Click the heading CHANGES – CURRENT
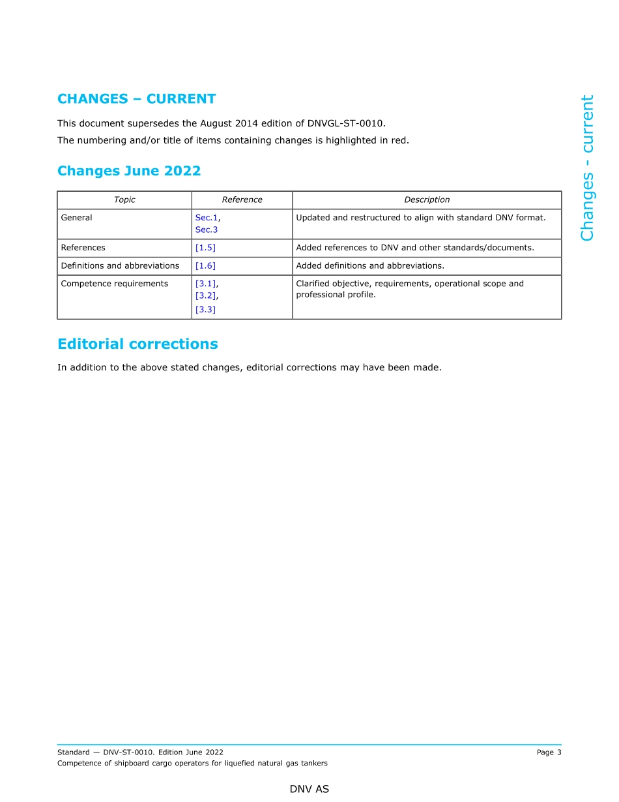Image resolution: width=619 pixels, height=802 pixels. coord(136,99)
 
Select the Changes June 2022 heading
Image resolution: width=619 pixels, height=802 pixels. coord(129,171)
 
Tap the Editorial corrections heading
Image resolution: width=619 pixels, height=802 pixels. coord(137,344)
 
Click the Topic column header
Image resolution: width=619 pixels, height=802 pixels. coord(124,200)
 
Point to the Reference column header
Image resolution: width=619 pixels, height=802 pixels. coord(242,200)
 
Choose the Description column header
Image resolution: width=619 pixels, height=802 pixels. coord(427,200)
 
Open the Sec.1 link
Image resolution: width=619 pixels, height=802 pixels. coord(206,218)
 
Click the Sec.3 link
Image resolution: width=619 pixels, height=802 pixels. coord(206,230)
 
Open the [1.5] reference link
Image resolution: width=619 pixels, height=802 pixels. coord(205,248)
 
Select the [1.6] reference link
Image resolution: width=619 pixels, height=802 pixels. coord(205,266)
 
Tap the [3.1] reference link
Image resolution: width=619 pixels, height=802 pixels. coord(205,284)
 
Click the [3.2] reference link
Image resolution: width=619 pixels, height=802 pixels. coord(205,296)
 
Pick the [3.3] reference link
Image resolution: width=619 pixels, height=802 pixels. coord(205,310)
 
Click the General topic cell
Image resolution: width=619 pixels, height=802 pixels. coord(77,218)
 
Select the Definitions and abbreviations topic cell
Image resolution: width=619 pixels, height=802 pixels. coord(120,266)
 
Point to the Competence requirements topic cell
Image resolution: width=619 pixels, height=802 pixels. coord(115,284)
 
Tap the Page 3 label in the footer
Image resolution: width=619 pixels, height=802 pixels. coord(549,752)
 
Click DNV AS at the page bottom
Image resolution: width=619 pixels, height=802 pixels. coord(309,789)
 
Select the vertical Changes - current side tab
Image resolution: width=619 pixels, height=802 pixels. coord(587,168)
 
